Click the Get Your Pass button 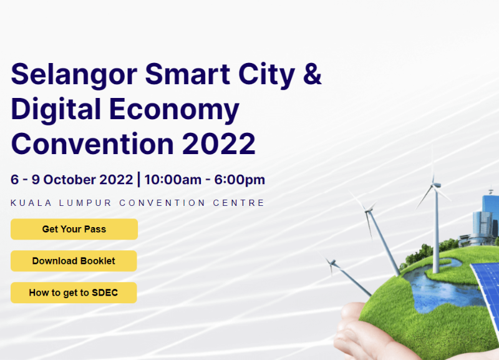tap(74, 229)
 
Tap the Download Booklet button tap(74, 261)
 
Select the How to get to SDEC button tap(74, 293)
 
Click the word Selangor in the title tap(74, 75)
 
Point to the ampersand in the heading tap(312, 74)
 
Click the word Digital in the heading tap(56, 110)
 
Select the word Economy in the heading tap(174, 110)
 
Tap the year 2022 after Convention tap(219, 144)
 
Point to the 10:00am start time tap(173, 180)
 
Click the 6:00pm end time tap(240, 180)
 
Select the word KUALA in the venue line tap(31, 203)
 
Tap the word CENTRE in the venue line tap(239, 203)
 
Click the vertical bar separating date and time tap(138, 180)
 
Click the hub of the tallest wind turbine tap(436, 185)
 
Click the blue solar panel tap(486, 286)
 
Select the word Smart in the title tap(187, 74)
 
